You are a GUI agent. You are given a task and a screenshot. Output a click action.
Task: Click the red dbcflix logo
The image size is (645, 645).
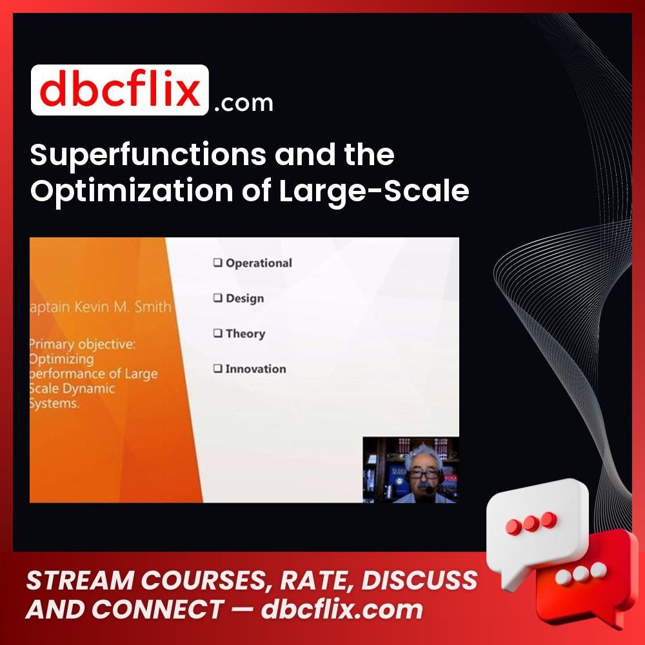tap(119, 90)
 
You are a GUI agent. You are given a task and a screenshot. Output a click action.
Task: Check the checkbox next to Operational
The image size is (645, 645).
tap(217, 263)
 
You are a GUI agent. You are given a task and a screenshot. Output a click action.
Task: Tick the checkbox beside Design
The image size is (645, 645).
tap(217, 298)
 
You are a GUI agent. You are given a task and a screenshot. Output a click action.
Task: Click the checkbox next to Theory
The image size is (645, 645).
tap(217, 333)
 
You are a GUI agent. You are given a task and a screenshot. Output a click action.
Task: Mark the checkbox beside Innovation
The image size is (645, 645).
tap(217, 369)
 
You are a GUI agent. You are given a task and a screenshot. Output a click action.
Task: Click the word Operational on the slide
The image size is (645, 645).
tap(259, 263)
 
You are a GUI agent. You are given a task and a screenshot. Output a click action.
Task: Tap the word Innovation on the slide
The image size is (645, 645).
tap(255, 369)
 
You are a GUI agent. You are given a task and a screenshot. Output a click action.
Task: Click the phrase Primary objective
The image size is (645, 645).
tap(83, 344)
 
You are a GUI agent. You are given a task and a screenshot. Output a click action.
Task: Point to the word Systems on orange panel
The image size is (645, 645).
tap(54, 404)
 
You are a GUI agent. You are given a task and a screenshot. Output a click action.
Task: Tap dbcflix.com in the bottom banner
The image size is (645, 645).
tap(342, 610)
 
